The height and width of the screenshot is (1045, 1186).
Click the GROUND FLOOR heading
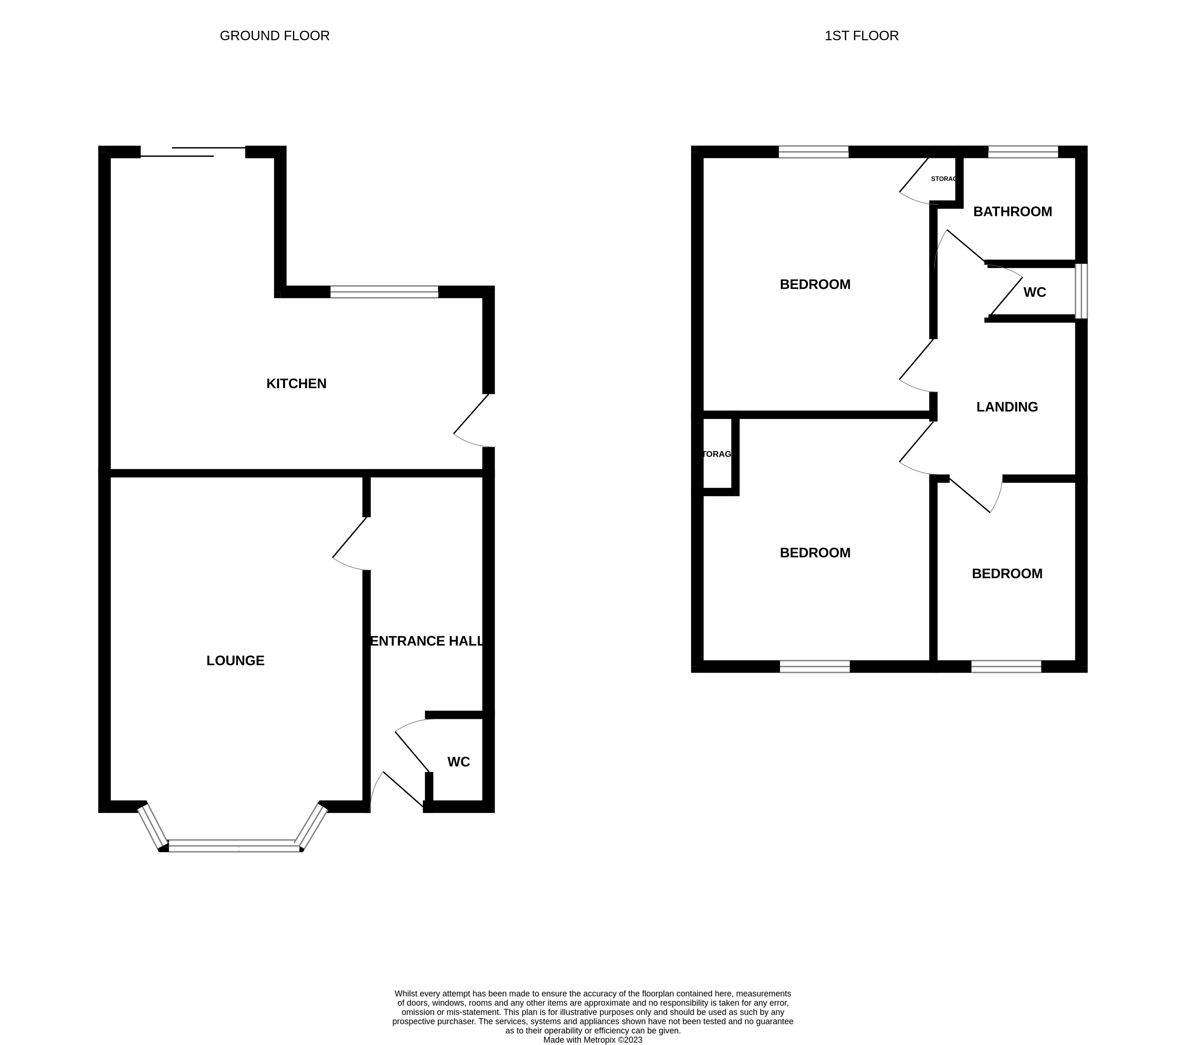pyautogui.click(x=275, y=36)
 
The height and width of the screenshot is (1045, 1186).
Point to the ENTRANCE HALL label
pyautogui.click(x=426, y=641)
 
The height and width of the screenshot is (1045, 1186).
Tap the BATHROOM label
pyautogui.click(x=1013, y=212)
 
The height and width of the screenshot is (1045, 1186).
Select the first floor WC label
pyautogui.click(x=1034, y=292)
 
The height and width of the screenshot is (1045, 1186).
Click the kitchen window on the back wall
pyautogui.click(x=384, y=292)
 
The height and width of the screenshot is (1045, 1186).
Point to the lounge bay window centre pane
pyautogui.click(x=235, y=846)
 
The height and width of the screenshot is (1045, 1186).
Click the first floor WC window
pyautogui.click(x=1081, y=291)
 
